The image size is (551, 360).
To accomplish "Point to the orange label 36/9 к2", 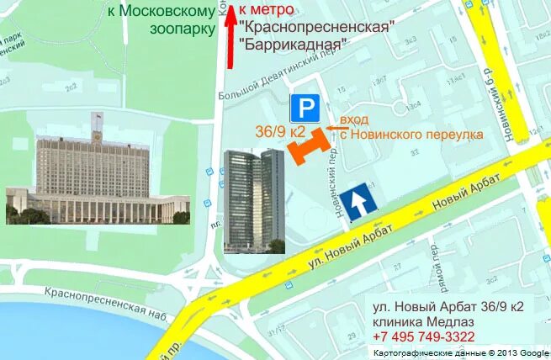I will pyautogui.click(x=279, y=132).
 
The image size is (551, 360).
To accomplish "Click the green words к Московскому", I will pyautogui.click(x=161, y=11).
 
